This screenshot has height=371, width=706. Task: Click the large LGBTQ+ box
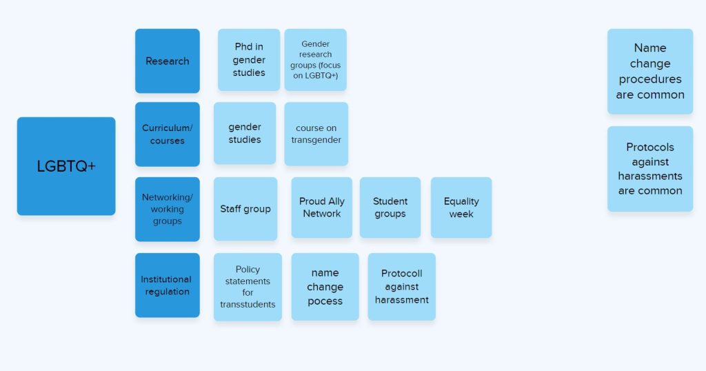[x=66, y=166]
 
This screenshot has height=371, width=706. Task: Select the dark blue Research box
[x=168, y=61]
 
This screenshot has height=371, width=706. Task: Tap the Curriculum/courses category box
[x=168, y=134]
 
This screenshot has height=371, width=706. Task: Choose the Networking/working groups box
[x=168, y=209]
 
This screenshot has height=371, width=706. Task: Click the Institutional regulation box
[x=168, y=285]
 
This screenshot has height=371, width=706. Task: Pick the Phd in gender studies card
[x=249, y=60]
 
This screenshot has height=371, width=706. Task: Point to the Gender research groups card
[x=316, y=60]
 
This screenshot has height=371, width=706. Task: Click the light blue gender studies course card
[x=245, y=133]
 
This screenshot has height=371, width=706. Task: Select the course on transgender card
[x=316, y=134]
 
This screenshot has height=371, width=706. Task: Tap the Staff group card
[x=245, y=208]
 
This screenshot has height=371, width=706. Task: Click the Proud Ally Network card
[x=322, y=208]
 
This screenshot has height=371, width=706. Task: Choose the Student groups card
[x=390, y=208]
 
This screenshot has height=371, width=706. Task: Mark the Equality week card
[x=461, y=208]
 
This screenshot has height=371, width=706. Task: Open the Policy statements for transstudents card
[x=248, y=287]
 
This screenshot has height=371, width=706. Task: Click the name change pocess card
[x=325, y=287]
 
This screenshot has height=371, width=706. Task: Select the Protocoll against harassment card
[x=402, y=287]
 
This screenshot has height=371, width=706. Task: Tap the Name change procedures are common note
[x=650, y=71]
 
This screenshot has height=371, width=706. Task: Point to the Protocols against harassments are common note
[x=650, y=169]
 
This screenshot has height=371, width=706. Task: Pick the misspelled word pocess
[x=325, y=301]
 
